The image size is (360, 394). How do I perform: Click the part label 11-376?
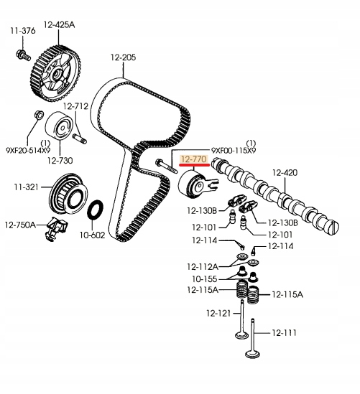[22, 30]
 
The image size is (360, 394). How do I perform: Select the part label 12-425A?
[59, 24]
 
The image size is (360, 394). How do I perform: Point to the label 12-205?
[123, 57]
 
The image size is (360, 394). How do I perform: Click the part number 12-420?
[286, 172]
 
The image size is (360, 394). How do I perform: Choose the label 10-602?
[91, 234]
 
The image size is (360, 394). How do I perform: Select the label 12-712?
[75, 106]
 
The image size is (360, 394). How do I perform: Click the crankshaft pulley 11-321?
[65, 194]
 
